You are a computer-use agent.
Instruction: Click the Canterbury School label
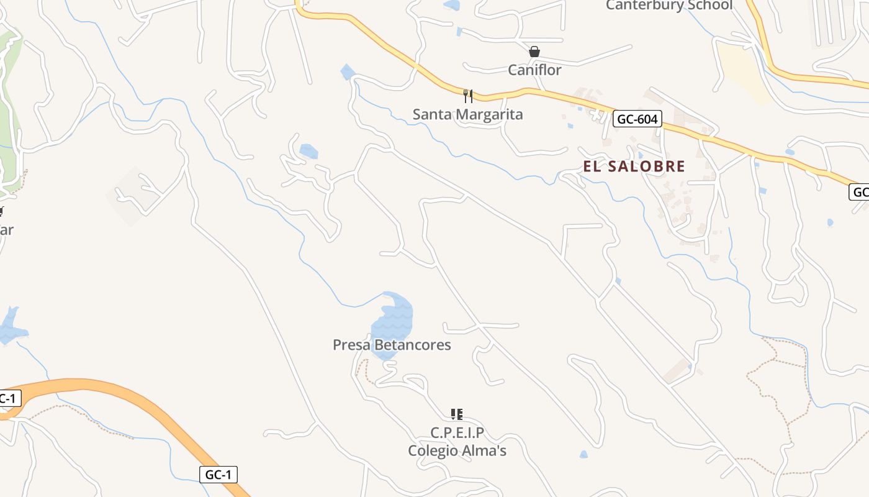669,6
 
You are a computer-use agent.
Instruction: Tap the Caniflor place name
534,70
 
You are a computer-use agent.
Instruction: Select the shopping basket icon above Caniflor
534,52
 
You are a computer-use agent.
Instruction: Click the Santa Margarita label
468,114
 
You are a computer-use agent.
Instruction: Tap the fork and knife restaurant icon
468,96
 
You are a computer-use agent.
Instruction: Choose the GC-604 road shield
637,119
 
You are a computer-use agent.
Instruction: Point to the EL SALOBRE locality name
634,166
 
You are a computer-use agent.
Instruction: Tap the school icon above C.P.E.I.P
457,414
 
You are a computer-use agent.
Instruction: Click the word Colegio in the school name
431,450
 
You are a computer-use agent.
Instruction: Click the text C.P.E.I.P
457,432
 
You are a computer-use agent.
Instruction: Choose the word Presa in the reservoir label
352,345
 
